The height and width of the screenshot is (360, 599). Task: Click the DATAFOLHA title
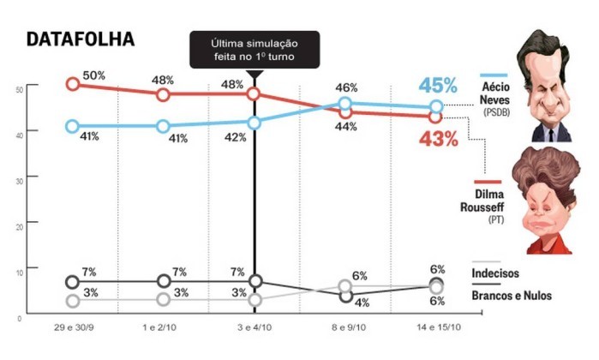coord(80,40)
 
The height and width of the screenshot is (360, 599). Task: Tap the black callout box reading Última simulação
coord(255,49)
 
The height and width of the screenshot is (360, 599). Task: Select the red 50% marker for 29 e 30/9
coord(73,84)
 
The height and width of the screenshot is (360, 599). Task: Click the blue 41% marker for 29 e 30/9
coord(73,126)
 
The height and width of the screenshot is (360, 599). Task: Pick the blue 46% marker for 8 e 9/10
coord(345,104)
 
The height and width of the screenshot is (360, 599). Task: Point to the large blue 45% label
coord(438,86)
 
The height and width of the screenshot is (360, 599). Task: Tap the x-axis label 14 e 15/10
coord(437,328)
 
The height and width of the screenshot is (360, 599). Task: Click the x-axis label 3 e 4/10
coord(255,328)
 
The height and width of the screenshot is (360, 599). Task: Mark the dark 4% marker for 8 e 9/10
coord(345,296)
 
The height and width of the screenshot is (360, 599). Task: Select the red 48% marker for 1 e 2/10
coord(164,93)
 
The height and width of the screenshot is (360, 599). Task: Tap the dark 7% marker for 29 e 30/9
coord(73,282)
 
